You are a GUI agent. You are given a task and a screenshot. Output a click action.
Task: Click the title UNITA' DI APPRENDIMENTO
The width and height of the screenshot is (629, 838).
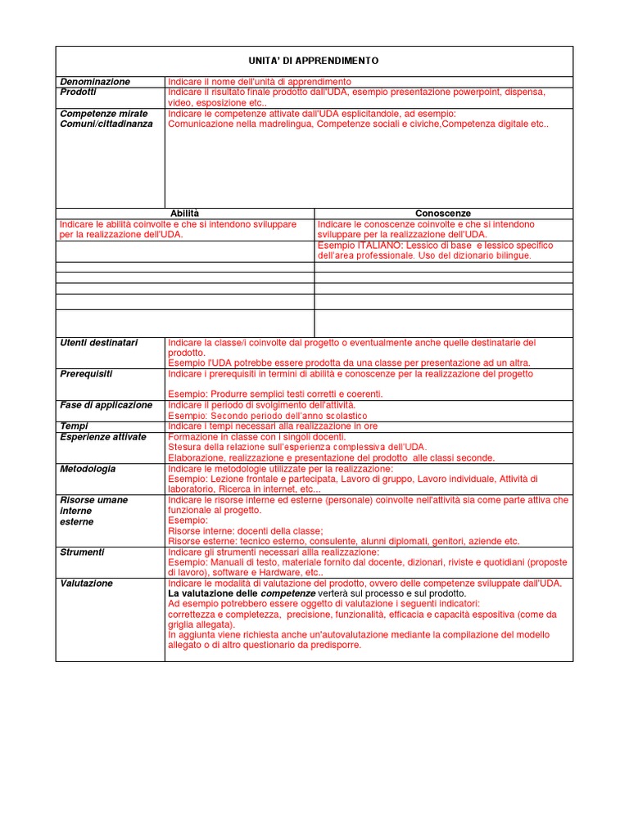[314, 61]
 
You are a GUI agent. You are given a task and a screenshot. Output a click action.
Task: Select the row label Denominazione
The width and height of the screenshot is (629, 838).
[95, 82]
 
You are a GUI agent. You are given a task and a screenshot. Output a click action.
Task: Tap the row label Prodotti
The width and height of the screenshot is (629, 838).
[79, 92]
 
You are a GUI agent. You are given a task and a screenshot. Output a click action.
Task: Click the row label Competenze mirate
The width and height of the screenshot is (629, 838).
[104, 114]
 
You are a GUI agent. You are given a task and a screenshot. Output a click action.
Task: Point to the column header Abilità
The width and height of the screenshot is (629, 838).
[184, 213]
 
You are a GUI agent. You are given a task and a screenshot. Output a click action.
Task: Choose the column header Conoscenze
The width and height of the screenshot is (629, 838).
[443, 213]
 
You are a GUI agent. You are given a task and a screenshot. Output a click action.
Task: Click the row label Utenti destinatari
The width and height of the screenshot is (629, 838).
[99, 342]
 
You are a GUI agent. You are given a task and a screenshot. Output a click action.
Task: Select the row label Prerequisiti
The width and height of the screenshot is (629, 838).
[87, 374]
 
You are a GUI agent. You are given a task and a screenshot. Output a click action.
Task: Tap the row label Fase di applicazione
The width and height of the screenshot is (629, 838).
[106, 405]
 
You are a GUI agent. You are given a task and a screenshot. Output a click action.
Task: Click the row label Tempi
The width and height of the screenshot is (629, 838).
[75, 426]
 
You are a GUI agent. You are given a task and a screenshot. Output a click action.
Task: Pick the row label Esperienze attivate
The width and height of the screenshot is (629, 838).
[103, 437]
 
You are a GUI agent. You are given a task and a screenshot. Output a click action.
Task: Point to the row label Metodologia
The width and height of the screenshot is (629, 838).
[88, 469]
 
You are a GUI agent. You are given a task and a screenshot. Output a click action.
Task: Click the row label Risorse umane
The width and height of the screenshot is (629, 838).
[94, 500]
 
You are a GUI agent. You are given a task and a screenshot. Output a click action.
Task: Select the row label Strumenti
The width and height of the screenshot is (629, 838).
[83, 552]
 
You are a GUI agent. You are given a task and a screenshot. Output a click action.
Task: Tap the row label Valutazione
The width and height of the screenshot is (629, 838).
[87, 583]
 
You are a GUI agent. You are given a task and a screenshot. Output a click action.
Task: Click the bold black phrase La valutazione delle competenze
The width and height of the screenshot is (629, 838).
[242, 593]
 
